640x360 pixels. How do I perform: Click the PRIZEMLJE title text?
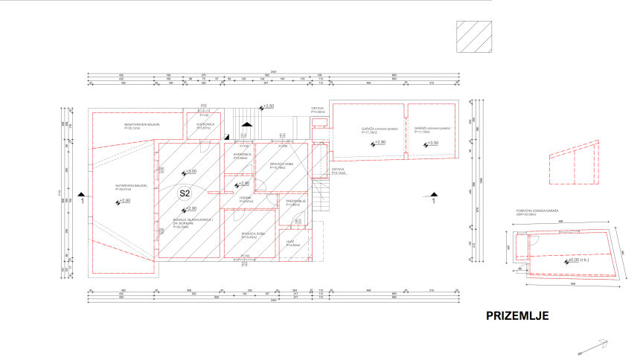(x=517, y=315)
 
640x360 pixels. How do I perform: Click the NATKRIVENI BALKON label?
(x=131, y=186)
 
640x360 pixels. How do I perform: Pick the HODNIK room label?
(x=245, y=199)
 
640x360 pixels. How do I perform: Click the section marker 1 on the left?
(x=83, y=199)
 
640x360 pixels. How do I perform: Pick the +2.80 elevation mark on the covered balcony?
(x=123, y=202)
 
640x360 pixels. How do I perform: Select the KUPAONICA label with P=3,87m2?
(x=204, y=126)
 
